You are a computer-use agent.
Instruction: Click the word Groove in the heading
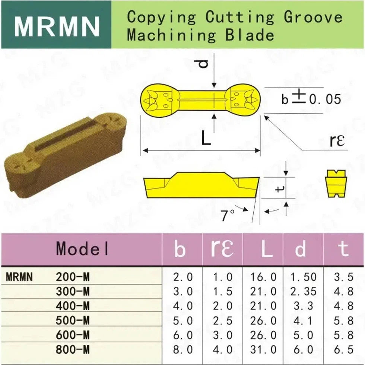pyautogui.click(x=313, y=18)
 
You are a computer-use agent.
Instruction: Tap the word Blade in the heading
pyautogui.click(x=250, y=35)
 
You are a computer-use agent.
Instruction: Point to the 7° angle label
pyautogui.click(x=228, y=215)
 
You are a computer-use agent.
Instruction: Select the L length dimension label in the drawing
pyautogui.click(x=206, y=138)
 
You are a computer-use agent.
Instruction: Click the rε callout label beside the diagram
pyautogui.click(x=337, y=140)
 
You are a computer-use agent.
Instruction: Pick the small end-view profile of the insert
pyautogui.click(x=336, y=184)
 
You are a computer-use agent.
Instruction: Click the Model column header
pyautogui.click(x=82, y=248)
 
